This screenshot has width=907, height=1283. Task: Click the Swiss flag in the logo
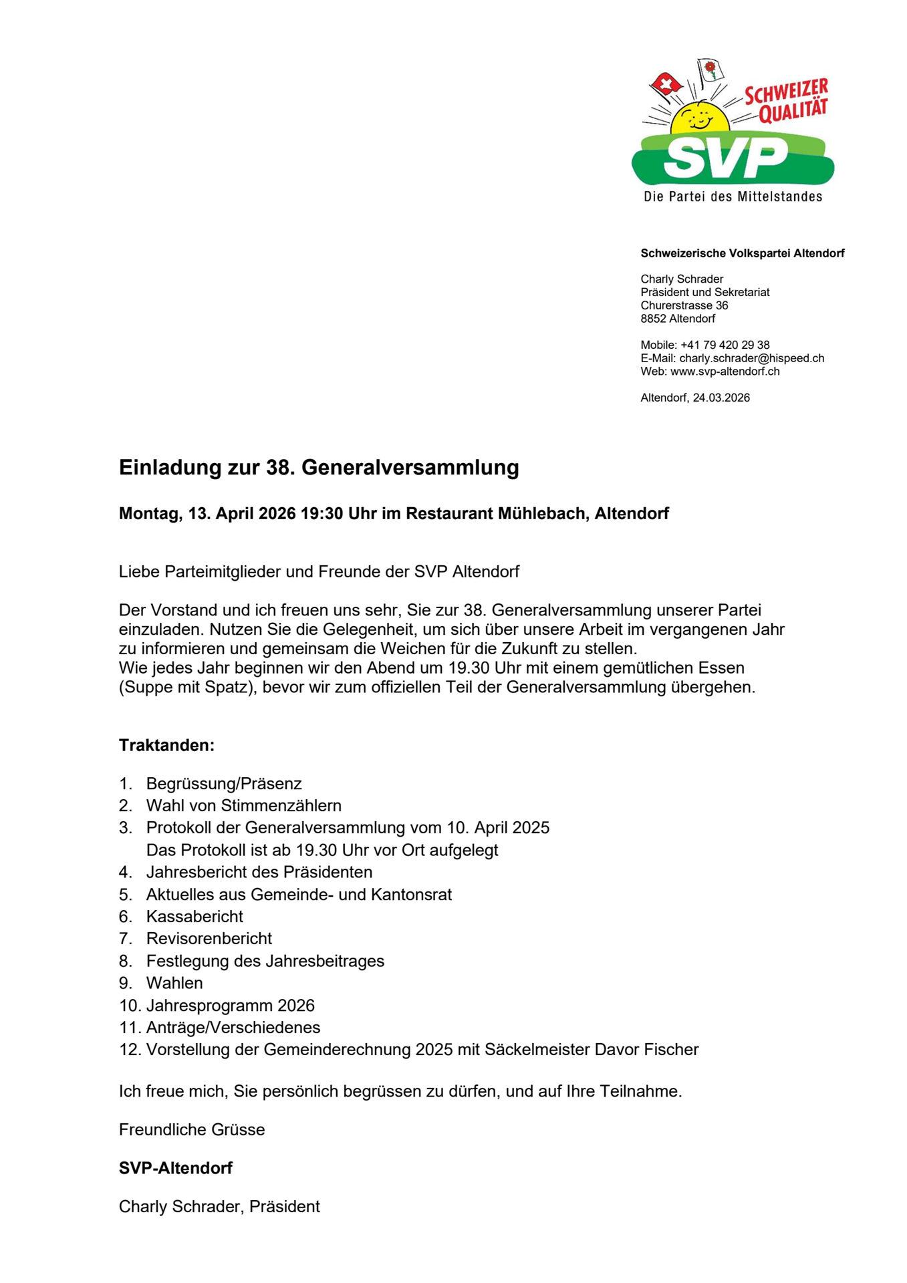coord(665,84)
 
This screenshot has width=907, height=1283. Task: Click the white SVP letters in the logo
coord(726,158)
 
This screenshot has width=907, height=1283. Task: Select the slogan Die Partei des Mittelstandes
coord(733,196)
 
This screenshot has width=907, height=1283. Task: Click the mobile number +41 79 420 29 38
coord(725,345)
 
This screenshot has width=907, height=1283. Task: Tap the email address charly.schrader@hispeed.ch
coord(751,358)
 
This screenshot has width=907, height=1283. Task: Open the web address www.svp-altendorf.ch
coord(725,372)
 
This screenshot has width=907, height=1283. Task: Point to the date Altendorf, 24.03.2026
coord(694,398)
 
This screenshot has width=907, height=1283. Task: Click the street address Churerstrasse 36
coord(684,305)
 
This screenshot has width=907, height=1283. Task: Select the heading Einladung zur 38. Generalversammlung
coord(319,468)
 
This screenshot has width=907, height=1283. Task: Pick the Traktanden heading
coord(166,745)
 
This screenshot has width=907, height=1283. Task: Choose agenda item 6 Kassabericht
coord(195,916)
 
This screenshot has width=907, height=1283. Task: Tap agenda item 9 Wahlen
coord(174,983)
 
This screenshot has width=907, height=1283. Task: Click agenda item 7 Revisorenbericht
coord(209,938)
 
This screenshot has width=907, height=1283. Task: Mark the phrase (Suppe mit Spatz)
coord(188,687)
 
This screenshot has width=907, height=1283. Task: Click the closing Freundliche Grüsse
coord(192,1129)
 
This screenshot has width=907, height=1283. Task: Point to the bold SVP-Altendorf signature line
coord(176,1168)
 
